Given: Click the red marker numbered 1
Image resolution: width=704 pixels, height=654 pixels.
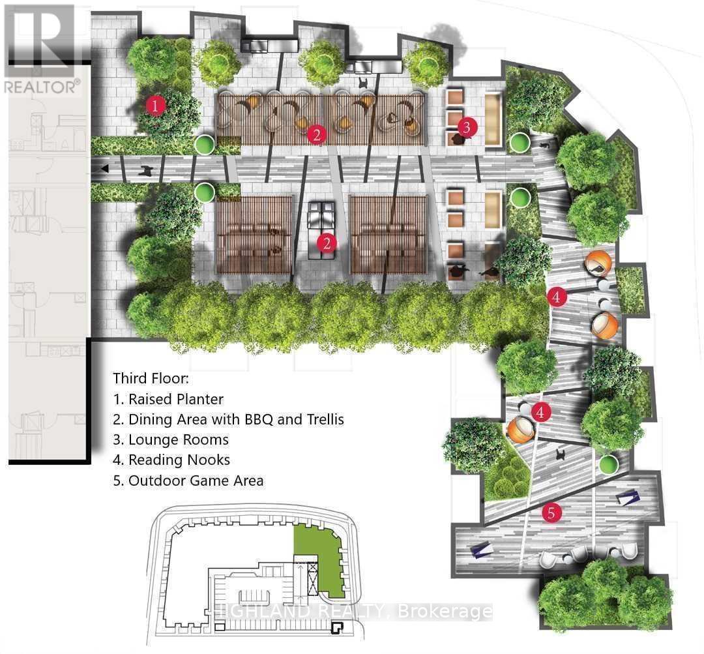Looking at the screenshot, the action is point(155,106).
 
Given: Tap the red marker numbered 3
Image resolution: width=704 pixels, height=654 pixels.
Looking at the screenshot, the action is point(467,127).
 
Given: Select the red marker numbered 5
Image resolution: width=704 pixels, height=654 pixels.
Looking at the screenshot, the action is point(552,513).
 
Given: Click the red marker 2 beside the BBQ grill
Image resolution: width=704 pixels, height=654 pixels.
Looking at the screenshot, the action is point(327,243).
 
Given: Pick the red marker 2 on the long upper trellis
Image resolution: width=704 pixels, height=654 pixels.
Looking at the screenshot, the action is point(317,134).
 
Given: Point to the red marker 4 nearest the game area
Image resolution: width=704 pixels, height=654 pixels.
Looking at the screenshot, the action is point(540,412).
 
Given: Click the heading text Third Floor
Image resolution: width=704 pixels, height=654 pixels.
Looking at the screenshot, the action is point(151,378).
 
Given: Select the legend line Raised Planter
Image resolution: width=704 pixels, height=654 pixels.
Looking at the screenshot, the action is point(168,399).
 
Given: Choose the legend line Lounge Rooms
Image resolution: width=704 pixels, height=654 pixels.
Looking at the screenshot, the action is point(171,439).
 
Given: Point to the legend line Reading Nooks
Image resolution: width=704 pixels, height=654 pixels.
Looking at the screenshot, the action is point(171,460).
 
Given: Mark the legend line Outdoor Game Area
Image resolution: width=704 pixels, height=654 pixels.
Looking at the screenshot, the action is point(188,481).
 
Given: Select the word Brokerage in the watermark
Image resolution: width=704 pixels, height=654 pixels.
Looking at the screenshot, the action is point(445,612).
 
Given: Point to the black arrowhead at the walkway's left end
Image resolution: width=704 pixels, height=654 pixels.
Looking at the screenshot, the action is point(104,169).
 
